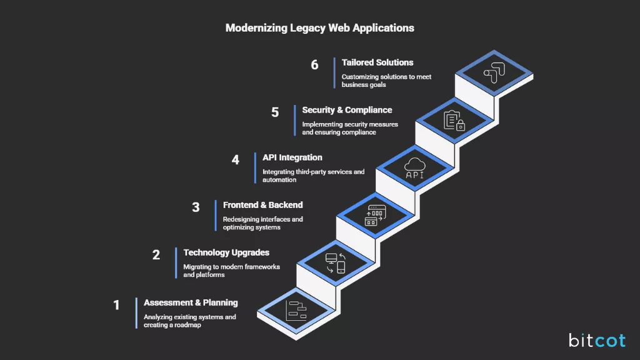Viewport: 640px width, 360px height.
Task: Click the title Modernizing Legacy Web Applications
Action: pos(319,28)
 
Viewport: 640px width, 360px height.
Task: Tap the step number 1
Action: pos(116,305)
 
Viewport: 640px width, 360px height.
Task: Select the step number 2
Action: pos(156,255)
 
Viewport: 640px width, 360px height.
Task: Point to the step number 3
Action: pos(196,207)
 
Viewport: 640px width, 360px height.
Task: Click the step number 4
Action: pos(235,160)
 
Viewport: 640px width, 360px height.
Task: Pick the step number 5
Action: pos(275,112)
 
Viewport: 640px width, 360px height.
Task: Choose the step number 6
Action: pos(314,65)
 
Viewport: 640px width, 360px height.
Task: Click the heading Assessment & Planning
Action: pos(191,302)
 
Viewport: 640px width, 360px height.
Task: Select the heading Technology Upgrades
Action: pos(226,252)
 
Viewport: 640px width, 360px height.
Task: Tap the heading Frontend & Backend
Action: pos(262,205)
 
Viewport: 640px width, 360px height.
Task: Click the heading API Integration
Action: pos(292,157)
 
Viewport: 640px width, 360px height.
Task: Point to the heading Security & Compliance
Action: pos(347,110)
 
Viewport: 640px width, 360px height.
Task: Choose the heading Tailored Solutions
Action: pos(377,62)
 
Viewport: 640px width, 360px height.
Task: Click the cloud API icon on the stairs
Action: pos(414,168)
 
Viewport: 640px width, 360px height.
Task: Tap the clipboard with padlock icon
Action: pos(454,120)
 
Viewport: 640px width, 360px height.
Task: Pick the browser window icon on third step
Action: pos(375,215)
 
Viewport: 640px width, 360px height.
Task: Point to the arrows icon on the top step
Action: pos(493,72)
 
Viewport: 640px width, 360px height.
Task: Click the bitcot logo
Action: pos(596,340)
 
